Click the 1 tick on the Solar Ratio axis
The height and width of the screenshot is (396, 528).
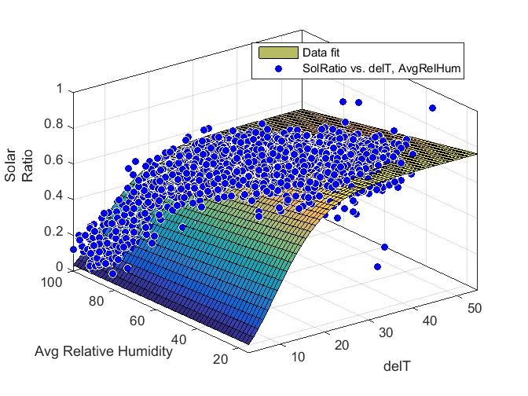coord(57,89)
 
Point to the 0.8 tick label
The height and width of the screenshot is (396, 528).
coord(52,126)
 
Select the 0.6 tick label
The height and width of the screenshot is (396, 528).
coord(52,162)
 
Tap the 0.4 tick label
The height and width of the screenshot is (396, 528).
coord(52,197)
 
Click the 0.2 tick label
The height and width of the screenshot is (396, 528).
coord(52,233)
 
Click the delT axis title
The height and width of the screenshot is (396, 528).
coord(398,365)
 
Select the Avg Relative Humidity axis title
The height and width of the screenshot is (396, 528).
coord(103,351)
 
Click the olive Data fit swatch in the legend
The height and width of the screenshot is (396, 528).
coord(278,53)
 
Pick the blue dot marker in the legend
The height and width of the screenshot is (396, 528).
coord(278,69)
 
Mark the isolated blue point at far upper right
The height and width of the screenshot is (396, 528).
coord(432,108)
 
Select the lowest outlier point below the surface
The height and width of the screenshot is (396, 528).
coord(377,266)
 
